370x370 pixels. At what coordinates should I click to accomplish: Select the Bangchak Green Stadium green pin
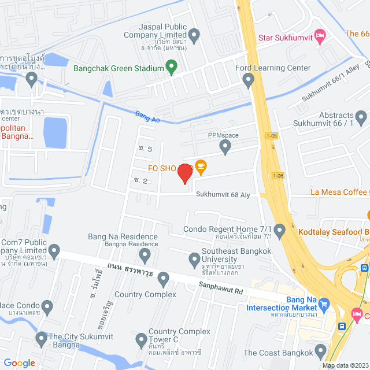coord(171,68)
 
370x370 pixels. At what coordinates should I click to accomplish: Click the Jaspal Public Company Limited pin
coord(194,37)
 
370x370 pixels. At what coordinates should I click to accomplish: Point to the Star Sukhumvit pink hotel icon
coord(319,35)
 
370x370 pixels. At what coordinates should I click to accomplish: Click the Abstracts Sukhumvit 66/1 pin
coord(361,119)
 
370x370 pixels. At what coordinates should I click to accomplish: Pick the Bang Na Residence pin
coord(145,254)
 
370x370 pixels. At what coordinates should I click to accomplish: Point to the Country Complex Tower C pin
coord(139,339)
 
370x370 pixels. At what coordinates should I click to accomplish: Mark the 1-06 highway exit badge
coord(278,175)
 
